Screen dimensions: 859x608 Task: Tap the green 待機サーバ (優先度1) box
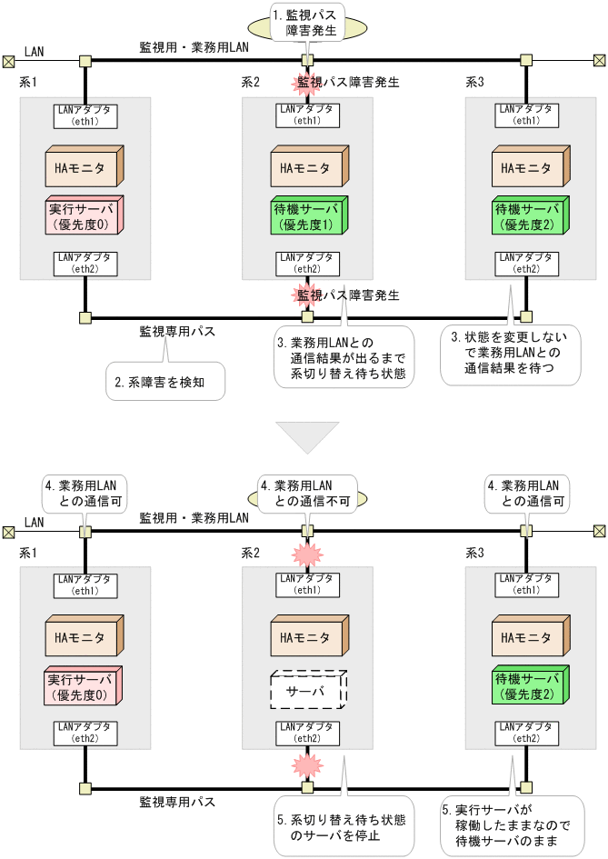point(305,217)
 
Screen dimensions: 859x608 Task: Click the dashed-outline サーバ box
point(305,692)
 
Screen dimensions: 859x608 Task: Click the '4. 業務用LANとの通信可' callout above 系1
point(85,492)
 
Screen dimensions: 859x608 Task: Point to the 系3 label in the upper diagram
point(474,82)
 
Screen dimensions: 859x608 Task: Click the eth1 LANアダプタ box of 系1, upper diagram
point(85,115)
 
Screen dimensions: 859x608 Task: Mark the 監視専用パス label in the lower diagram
point(177,802)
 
